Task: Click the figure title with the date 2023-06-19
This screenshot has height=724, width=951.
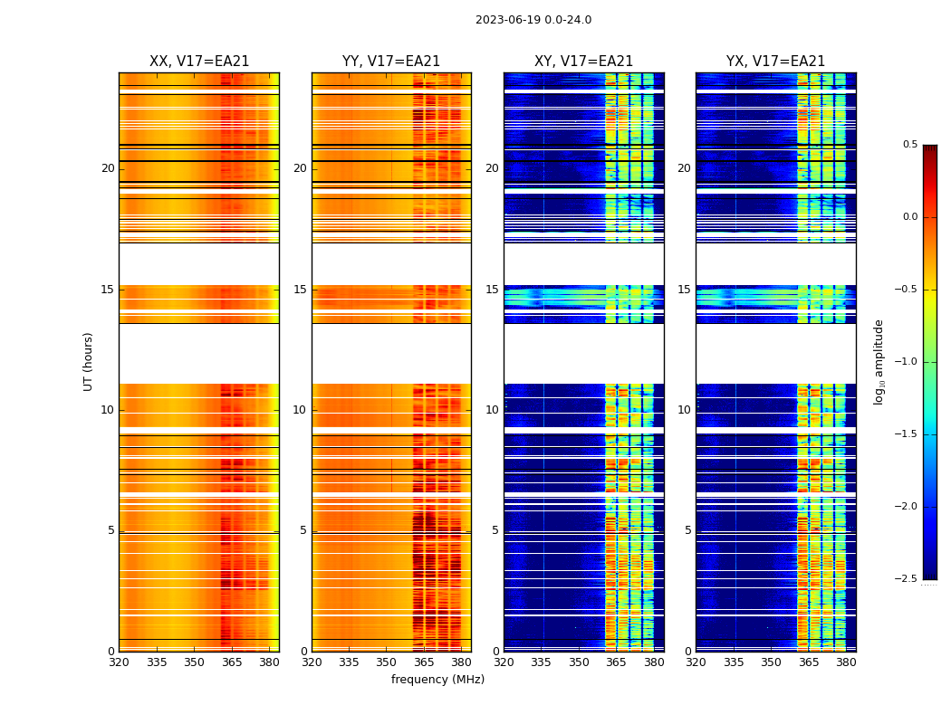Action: [533, 20]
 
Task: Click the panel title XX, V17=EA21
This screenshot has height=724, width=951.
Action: [199, 62]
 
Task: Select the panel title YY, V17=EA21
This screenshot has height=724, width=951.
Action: [391, 62]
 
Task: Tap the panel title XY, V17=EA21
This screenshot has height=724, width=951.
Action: [583, 62]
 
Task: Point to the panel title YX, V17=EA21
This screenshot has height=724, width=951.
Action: [775, 62]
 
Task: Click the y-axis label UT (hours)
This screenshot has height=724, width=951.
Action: [88, 361]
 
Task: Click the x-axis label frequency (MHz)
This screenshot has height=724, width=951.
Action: [437, 680]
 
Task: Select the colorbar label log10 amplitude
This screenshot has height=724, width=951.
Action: [879, 361]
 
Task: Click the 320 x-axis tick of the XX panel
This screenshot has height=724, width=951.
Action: [119, 662]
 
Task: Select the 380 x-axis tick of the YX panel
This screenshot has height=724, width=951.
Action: [846, 662]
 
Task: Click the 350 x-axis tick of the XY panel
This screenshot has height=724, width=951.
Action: [579, 662]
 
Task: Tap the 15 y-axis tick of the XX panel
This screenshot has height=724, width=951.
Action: [108, 290]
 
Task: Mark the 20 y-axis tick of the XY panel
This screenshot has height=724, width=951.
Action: [492, 168]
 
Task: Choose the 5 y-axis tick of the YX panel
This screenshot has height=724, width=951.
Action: [688, 530]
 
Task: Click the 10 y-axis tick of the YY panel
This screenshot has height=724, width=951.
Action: [300, 410]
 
